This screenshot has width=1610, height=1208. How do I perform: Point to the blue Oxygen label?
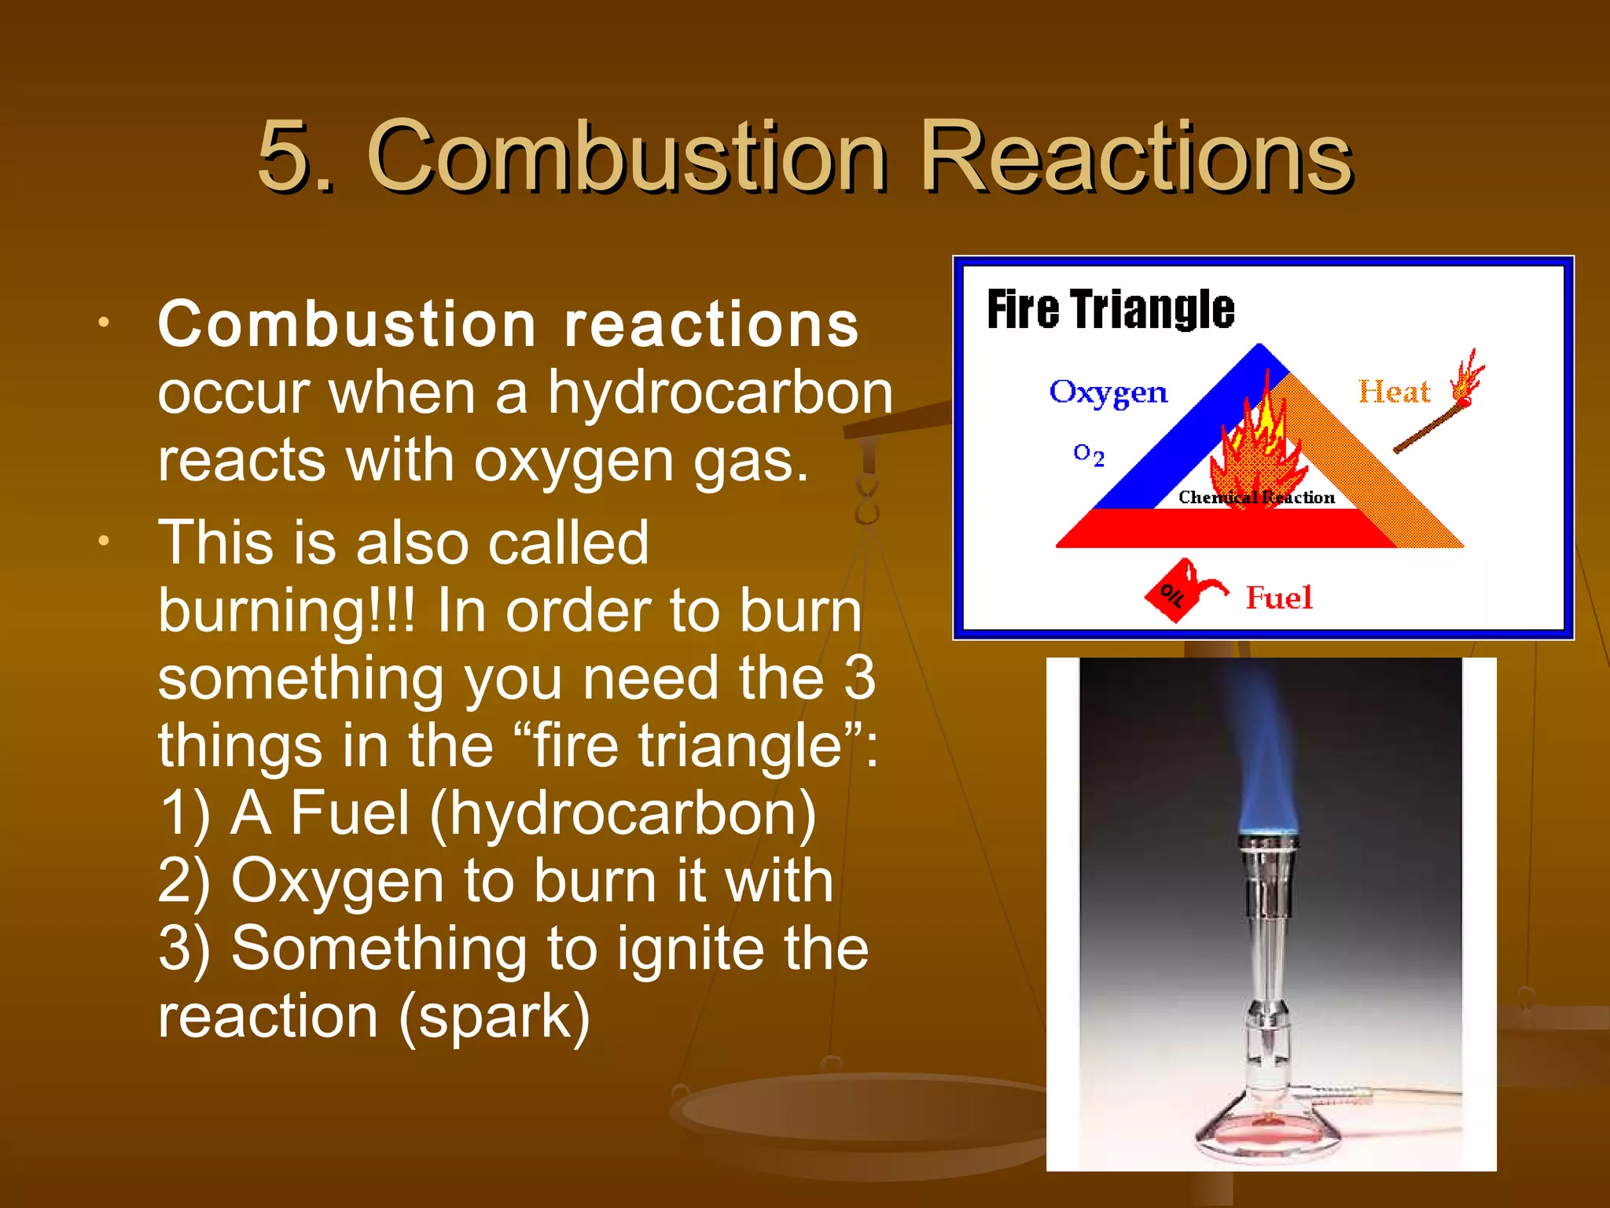[x=1108, y=392]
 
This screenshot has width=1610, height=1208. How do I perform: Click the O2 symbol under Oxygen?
[x=1089, y=455]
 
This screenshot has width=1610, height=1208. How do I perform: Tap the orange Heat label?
[x=1395, y=392]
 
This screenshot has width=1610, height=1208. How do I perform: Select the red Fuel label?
[x=1279, y=598]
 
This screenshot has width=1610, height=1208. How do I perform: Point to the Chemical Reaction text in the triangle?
[x=1256, y=497]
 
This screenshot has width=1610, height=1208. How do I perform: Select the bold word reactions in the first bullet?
[x=711, y=325]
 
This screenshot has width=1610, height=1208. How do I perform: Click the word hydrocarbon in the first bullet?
[x=720, y=392]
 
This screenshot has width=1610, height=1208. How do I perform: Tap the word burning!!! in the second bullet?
[x=286, y=612]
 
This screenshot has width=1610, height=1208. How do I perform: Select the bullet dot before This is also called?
[x=104, y=541]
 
